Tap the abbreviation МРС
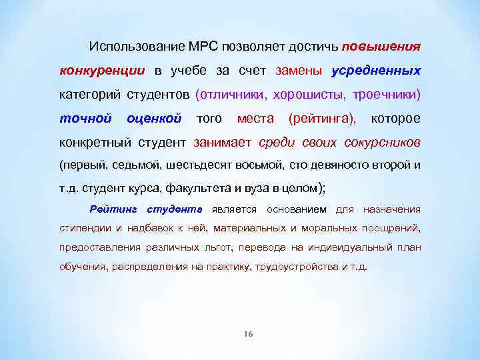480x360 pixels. pyautogui.click(x=191, y=48)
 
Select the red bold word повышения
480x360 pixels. pyautogui.click(x=381, y=48)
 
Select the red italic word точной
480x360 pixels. pyautogui.click(x=85, y=119)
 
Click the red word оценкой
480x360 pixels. pyautogui.click(x=153, y=119)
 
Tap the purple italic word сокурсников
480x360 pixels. pyautogui.click(x=383, y=142)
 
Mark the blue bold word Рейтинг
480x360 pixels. pyautogui.click(x=113, y=209)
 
